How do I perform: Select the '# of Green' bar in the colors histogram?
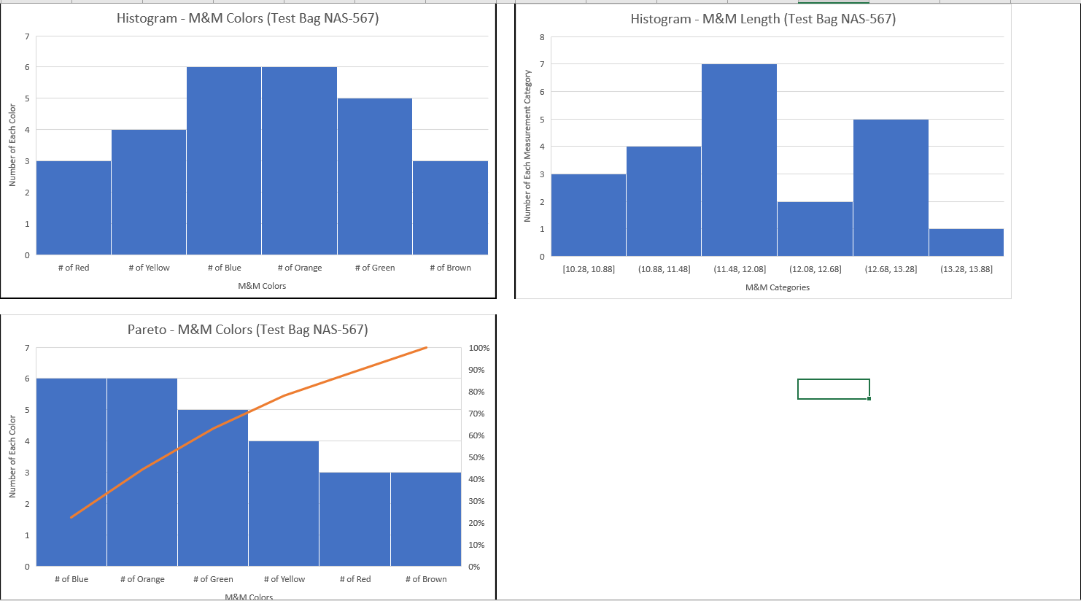(374, 177)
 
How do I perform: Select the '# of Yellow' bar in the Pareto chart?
(284, 503)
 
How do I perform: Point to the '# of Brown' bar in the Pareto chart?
(426, 519)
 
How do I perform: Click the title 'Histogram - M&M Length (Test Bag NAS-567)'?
(763, 19)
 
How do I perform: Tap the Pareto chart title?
(247, 330)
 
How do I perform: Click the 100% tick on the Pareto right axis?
(479, 348)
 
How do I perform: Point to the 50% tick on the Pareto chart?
(476, 457)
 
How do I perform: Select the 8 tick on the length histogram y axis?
(542, 37)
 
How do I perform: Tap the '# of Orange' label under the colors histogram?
(300, 268)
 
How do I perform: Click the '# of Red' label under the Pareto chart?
(355, 579)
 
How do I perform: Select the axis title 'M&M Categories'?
(778, 287)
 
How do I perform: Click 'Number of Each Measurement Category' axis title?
(527, 146)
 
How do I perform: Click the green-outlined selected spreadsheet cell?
(833, 389)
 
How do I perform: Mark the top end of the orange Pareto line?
(426, 348)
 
